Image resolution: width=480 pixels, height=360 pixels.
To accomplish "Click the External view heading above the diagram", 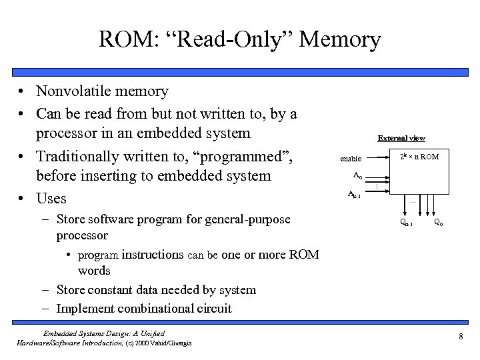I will pos(401,139).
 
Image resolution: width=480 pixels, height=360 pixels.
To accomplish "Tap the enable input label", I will pos(351,159).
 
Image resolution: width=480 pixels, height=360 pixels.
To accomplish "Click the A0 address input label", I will pos(357,176).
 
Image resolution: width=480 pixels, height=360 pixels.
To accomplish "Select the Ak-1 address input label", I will pos(355,195).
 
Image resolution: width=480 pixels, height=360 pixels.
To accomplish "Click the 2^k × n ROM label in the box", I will pos(419,157).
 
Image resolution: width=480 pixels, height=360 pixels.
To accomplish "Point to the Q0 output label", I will pos(439,222).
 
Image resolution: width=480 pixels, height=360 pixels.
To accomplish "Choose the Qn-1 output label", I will pos(405,223).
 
